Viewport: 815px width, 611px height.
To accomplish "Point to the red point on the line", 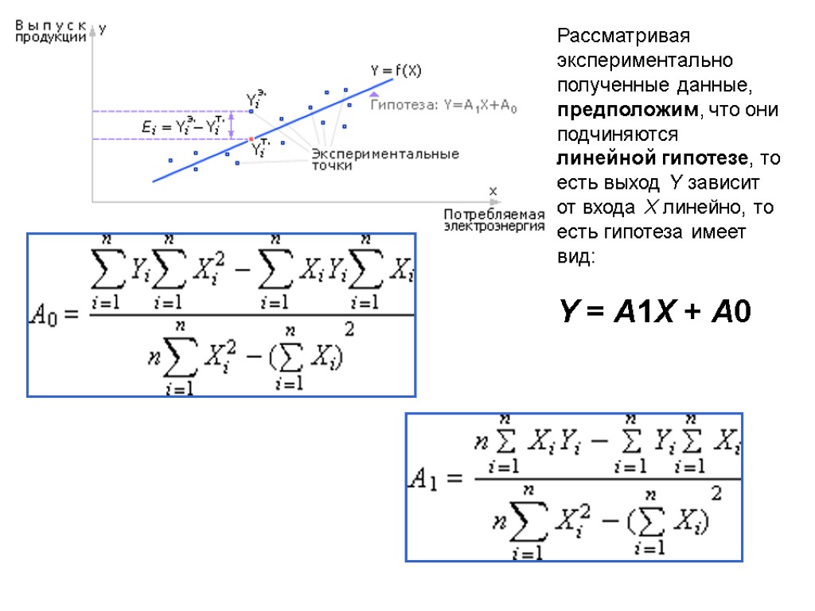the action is (x=252, y=138).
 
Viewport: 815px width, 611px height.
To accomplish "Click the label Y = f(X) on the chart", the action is (x=396, y=71).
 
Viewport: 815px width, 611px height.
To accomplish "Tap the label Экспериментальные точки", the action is (x=384, y=159).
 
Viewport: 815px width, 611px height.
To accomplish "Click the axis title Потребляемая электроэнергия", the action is (x=493, y=220).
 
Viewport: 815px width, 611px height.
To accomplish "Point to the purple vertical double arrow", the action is (x=232, y=125).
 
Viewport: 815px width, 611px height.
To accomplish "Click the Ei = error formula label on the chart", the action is (x=181, y=126).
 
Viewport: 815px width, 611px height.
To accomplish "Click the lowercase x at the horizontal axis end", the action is (x=492, y=191).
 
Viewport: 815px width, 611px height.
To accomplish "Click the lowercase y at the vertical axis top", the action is (x=102, y=29).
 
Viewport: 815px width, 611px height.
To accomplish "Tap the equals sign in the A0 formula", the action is (x=71, y=316).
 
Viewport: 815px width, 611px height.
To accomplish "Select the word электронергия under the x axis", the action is (x=493, y=226).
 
